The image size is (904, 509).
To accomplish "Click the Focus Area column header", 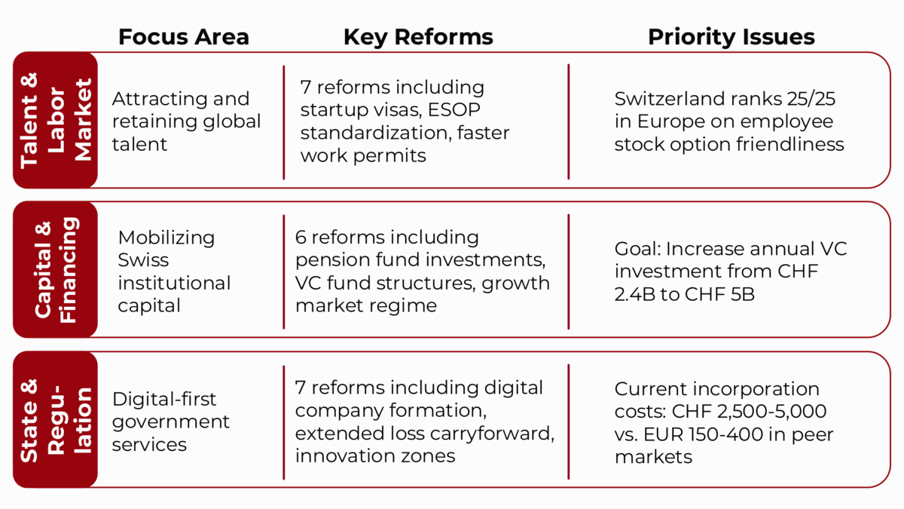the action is pos(184,37).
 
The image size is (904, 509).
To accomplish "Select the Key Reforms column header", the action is pos(418,38).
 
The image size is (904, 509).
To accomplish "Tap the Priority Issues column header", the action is pos(731,38).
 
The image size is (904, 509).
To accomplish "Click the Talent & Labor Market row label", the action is pos(56,120).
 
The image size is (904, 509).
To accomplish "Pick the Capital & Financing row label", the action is pos(56,270).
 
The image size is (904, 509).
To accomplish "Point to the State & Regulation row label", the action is pos(56,420).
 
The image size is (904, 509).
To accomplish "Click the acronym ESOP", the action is pos(454,109).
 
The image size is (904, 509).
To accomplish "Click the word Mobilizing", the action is pos(166,238).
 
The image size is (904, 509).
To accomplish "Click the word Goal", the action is pos(637,249).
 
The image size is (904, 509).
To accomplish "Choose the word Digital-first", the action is pos(164,400).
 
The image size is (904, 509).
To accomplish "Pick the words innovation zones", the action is pos(375,456).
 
